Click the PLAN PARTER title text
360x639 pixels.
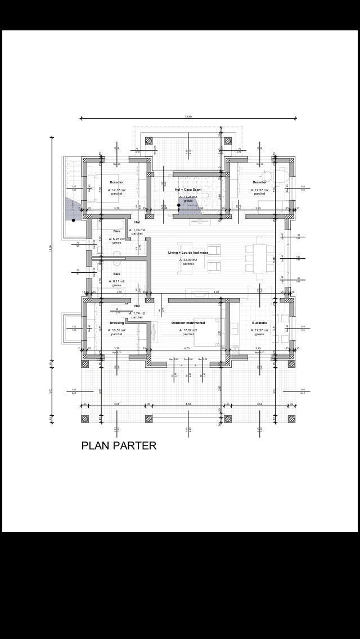point(119,445)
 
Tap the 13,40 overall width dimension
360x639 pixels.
point(188,116)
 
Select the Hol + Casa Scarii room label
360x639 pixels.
point(188,190)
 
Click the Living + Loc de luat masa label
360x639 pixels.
point(188,253)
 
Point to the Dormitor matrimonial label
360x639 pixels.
point(188,323)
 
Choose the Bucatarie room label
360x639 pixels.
point(259,323)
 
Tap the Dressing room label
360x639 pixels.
point(116,323)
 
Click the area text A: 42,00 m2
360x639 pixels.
point(188,260)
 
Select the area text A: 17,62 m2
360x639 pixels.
point(188,330)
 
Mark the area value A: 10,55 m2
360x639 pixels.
point(116,330)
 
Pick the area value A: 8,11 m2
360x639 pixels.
point(116,281)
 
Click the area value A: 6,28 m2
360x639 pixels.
point(116,238)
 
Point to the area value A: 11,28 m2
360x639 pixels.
point(188,197)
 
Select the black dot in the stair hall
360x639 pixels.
point(179,205)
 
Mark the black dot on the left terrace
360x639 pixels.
point(73,220)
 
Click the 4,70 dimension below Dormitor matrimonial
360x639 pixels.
point(187,348)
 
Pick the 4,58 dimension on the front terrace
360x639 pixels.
point(188,404)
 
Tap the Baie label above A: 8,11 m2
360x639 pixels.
point(116,274)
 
